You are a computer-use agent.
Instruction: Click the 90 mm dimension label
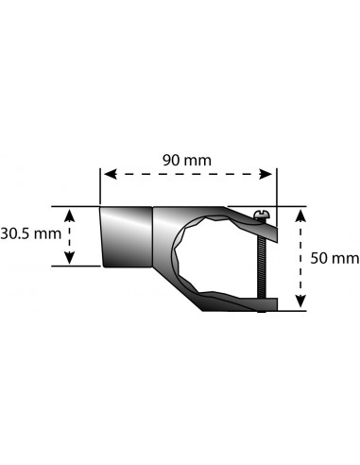[187, 161]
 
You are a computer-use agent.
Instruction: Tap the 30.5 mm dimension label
[31, 234]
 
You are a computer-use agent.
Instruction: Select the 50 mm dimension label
[334, 258]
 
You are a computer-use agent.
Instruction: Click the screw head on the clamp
[261, 215]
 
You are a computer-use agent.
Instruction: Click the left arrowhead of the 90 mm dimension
[111, 174]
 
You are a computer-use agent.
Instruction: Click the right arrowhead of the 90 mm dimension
[266, 174]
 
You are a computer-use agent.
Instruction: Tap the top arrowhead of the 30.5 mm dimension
[69, 216]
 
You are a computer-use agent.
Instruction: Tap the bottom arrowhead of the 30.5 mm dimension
[69, 257]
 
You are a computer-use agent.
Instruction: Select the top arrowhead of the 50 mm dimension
[301, 216]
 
